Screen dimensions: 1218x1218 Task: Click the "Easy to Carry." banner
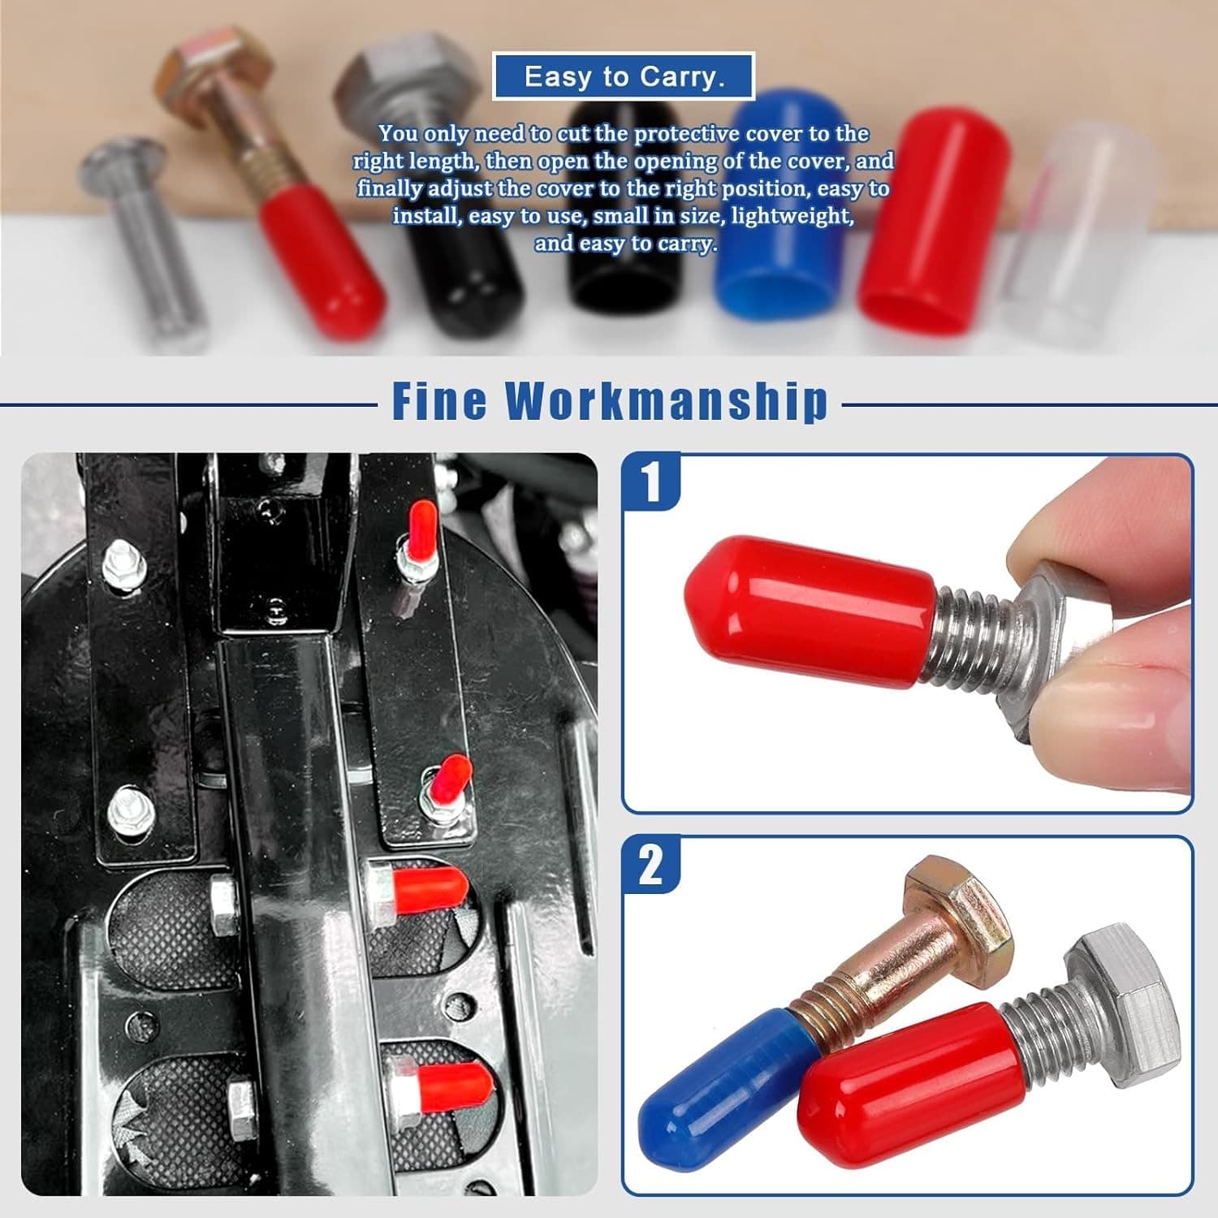pyautogui.click(x=624, y=76)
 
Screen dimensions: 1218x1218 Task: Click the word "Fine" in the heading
pyautogui.click(x=439, y=400)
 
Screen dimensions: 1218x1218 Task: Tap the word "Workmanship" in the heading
pyautogui.click(x=667, y=400)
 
